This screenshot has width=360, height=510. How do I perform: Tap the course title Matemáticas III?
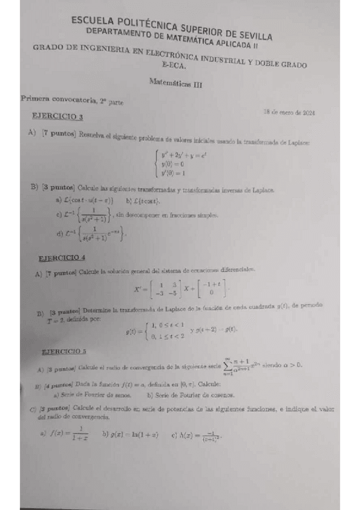coord(175,85)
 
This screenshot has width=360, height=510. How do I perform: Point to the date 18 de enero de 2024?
coord(290,112)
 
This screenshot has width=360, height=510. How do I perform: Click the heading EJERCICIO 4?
coord(62,257)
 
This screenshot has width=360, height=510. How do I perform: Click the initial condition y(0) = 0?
coord(172,164)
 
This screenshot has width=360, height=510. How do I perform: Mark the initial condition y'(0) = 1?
coord(173,173)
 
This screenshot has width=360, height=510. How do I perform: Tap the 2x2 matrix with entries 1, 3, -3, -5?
coord(166,289)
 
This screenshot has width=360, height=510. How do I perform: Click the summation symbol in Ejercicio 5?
coord(229,365)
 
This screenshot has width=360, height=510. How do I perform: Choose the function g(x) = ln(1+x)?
coord(130,434)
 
